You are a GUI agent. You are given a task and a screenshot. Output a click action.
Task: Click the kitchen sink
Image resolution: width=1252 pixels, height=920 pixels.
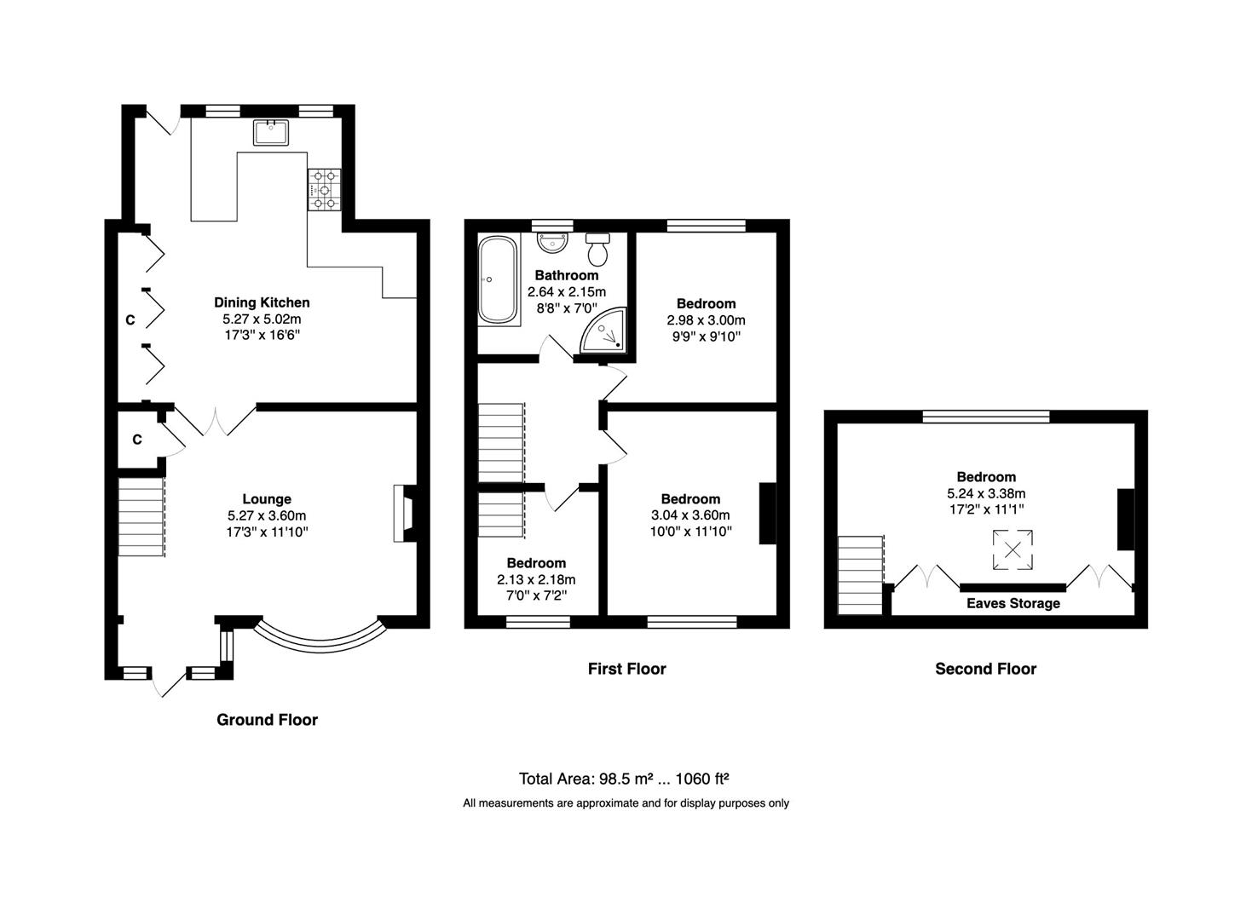(x=271, y=132)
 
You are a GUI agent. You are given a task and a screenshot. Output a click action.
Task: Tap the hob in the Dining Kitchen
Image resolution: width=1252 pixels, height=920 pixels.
(x=324, y=190)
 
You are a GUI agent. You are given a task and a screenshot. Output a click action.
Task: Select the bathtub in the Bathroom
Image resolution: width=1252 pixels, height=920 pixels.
(x=499, y=279)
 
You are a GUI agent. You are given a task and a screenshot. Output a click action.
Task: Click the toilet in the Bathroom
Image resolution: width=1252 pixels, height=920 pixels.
(x=597, y=250)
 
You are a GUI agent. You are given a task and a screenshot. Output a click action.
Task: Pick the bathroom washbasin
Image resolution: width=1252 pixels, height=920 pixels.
(x=552, y=243)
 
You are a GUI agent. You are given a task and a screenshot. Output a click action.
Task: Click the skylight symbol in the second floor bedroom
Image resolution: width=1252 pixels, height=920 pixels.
(x=1013, y=549)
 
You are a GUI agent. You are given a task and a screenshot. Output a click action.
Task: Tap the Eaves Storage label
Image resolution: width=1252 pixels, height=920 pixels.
(x=1013, y=603)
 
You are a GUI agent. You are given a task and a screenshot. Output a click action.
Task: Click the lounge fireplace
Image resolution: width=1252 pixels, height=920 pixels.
(x=405, y=514)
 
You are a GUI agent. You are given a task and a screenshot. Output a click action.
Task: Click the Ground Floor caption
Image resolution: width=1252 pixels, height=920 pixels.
(x=267, y=720)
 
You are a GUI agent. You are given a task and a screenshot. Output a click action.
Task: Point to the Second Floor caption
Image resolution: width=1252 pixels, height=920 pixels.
(x=985, y=669)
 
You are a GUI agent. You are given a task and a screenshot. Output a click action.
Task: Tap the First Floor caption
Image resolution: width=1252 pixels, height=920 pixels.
(x=626, y=669)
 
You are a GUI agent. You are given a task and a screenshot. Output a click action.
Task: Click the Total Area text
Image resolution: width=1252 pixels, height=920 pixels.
(x=624, y=778)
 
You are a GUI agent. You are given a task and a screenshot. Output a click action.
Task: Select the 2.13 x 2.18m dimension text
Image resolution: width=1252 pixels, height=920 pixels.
(x=536, y=579)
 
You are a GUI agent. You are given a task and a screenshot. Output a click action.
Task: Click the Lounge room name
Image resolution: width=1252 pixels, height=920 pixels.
(x=267, y=499)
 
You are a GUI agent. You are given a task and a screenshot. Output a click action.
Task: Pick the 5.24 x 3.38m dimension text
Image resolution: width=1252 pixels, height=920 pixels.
(x=986, y=493)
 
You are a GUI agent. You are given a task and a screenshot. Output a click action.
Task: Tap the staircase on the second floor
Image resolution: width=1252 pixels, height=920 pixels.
(x=861, y=575)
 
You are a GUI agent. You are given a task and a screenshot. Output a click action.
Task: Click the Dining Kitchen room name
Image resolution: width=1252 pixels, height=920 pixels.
(x=262, y=302)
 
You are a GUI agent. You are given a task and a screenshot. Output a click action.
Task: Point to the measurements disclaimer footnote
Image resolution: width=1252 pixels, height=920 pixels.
(x=626, y=803)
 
